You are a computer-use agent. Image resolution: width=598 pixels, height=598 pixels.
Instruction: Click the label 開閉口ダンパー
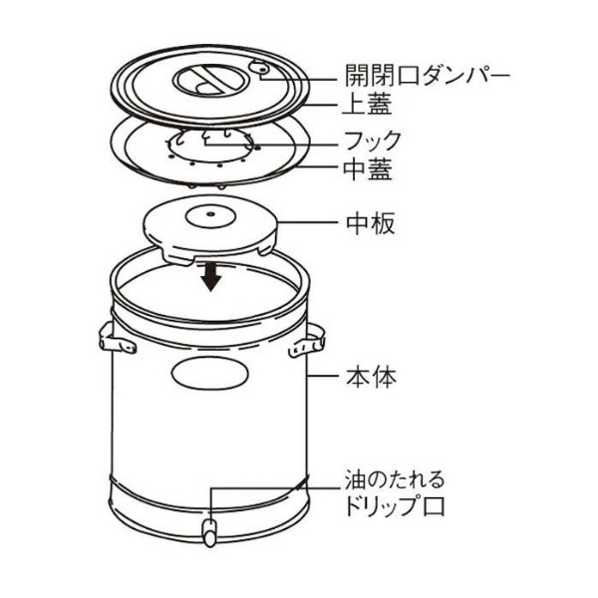coord(428,76)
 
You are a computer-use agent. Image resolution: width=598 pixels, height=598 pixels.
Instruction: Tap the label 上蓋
coord(367,104)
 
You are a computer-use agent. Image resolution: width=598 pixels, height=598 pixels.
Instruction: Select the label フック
coord(372,141)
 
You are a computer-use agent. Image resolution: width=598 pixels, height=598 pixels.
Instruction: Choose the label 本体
coord(371,377)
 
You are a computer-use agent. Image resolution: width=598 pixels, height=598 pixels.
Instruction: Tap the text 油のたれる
coord(395,479)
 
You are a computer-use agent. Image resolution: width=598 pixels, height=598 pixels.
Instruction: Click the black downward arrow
coord(211,277)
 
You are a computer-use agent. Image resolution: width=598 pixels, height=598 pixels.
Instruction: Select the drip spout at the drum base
coord(209,533)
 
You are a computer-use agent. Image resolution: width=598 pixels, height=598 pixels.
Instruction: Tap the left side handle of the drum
coord(116,339)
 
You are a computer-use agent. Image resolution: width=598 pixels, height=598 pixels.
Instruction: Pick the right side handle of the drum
coord(307,341)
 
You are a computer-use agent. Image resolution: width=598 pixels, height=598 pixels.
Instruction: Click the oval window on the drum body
coord(210,374)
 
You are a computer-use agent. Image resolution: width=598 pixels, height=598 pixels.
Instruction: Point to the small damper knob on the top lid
coord(260,69)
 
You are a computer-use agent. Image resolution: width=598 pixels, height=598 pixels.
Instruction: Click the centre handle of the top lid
coord(210,81)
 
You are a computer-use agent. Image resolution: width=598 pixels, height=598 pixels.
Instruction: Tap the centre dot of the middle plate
coord(209,213)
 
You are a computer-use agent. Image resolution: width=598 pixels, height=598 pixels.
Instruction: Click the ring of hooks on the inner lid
coord(210,147)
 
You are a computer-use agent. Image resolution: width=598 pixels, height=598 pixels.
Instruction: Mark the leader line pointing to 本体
coord(322,376)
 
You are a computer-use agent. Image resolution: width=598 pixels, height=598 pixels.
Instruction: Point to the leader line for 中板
coord(308,222)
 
